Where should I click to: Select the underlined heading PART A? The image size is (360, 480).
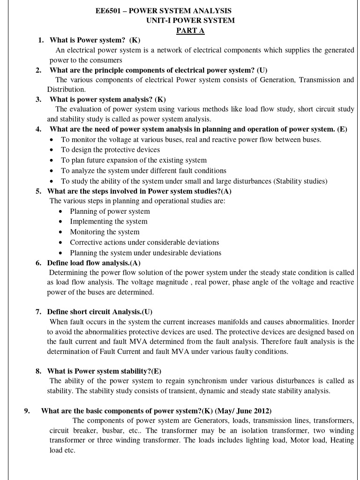pyautogui.click(x=190, y=31)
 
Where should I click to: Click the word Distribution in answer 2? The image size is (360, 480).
pyautogui.click(x=66, y=89)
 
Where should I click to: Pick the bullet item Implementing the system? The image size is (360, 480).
pyautogui.click(x=109, y=221)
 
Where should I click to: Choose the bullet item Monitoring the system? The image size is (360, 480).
pyautogui.click(x=105, y=232)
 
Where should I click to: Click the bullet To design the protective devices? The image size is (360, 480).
pyautogui.click(x=111, y=150)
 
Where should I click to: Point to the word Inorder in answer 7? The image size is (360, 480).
pyautogui.click(x=343, y=322)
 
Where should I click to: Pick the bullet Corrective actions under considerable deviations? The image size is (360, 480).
pyautogui.click(x=144, y=242)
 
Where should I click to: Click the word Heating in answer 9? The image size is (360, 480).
pyautogui.click(x=342, y=441)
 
